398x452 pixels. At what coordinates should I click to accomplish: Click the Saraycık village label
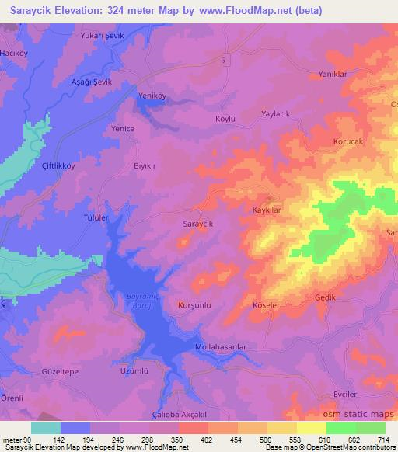click(197, 223)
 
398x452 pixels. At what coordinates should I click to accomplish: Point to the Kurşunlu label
click(194, 304)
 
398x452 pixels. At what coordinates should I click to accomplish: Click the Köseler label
click(266, 305)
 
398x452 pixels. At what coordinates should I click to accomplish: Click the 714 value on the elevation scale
click(382, 440)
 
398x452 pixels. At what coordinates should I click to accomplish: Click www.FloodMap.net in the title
click(231, 11)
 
